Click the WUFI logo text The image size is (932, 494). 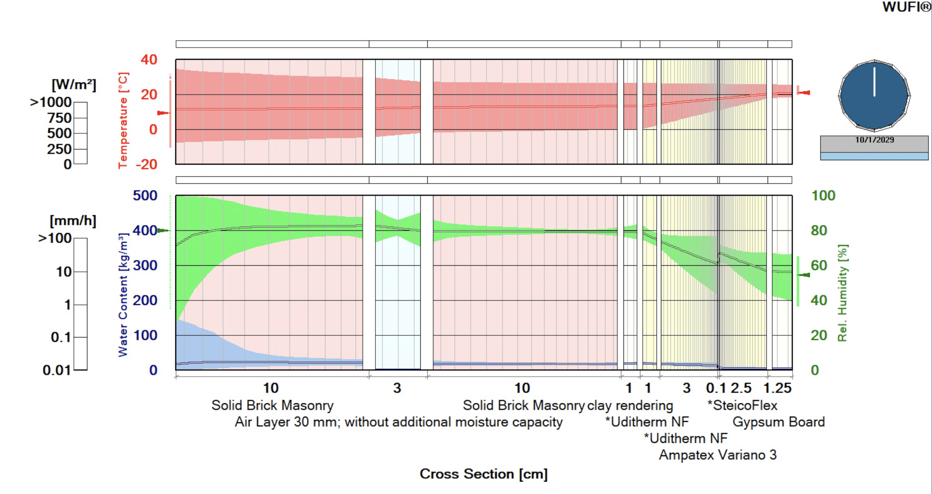point(906,7)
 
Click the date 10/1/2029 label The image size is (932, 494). point(874,140)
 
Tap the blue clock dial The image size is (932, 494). point(874,96)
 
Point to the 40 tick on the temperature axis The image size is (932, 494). point(149,60)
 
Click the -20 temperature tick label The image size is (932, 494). point(147,165)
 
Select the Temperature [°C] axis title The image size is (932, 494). point(123,120)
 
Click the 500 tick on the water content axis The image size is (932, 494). point(145,196)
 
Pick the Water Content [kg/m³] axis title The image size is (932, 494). point(123,295)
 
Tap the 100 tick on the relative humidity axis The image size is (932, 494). point(823,196)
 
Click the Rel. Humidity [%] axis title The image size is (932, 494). point(842,293)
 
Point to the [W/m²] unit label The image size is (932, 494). point(74,85)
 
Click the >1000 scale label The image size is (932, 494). point(51,102)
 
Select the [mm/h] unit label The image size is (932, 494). point(73,221)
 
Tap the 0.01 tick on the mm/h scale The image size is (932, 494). point(56,371)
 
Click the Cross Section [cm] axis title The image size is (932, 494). point(483,474)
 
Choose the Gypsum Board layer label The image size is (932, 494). point(779,422)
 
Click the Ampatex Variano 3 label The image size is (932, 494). point(717,455)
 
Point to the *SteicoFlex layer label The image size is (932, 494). point(742,406)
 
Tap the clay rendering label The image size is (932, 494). point(630,406)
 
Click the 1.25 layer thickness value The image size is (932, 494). point(777,388)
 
